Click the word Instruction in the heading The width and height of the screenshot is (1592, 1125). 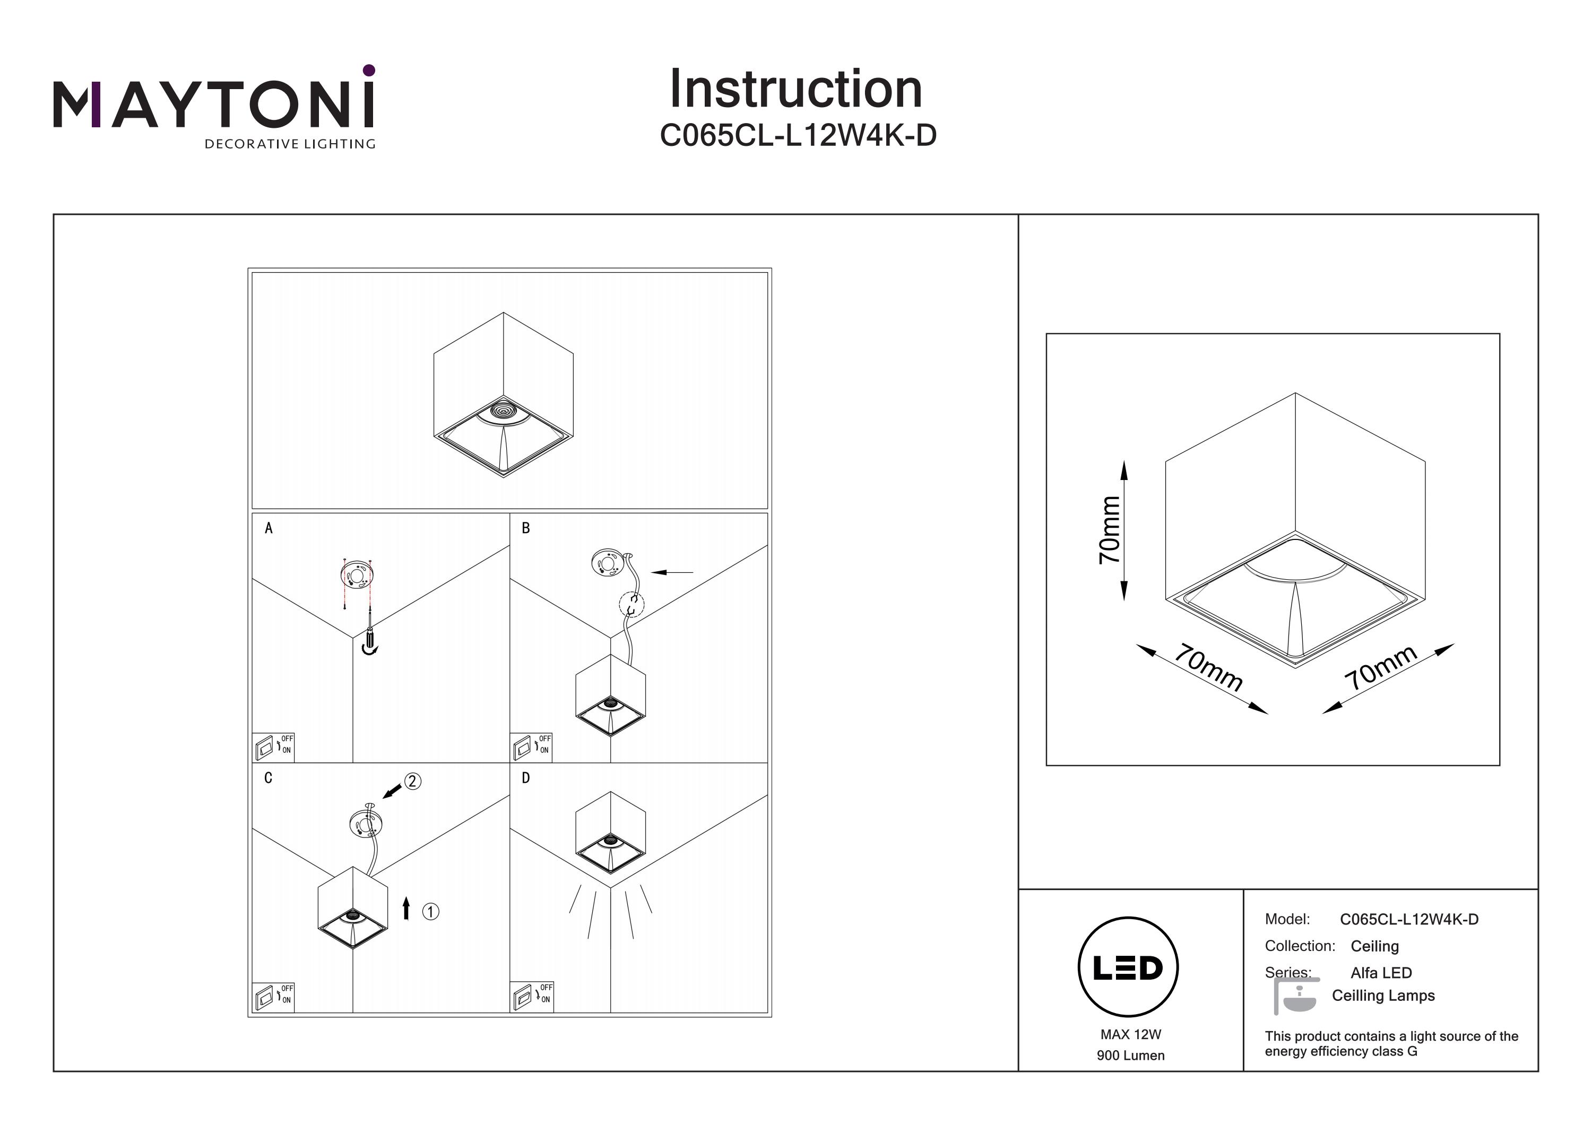point(795,90)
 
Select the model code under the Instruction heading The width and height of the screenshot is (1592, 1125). point(798,136)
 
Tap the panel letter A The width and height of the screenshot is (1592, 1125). point(269,528)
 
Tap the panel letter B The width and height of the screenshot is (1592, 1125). point(525,528)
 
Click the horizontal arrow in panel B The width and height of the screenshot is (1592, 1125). point(672,572)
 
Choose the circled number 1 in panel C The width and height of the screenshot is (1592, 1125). point(430,911)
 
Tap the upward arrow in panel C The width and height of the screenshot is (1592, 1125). point(406,908)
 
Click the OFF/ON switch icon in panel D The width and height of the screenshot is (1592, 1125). point(532,997)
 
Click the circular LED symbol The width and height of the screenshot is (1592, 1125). point(1128,967)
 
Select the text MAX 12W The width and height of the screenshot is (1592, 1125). point(1130,1035)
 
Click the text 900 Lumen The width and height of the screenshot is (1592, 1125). point(1130,1056)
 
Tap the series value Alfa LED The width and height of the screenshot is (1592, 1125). point(1380,972)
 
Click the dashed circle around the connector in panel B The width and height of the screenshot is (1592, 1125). point(631,604)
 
